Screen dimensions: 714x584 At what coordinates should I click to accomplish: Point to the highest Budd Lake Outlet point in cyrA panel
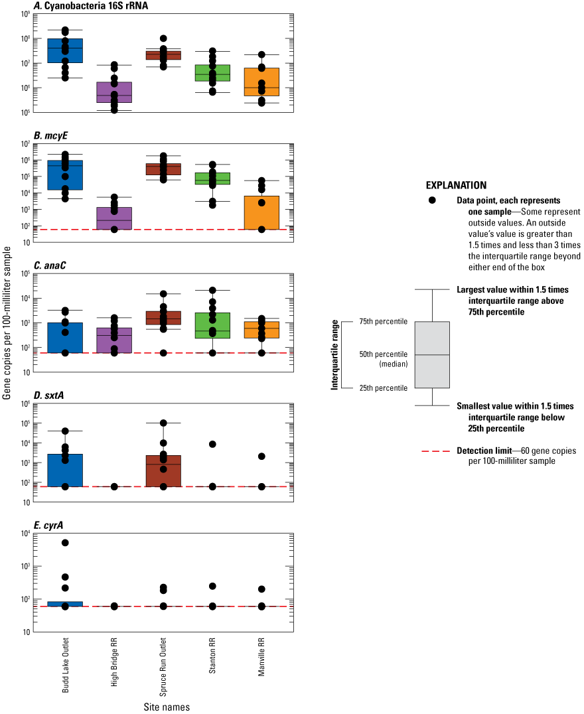pos(65,543)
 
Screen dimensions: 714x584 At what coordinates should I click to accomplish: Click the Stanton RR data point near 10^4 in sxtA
pos(212,444)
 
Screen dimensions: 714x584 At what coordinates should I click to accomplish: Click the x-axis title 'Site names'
pos(167,707)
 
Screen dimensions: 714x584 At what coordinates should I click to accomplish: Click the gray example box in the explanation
pos(432,355)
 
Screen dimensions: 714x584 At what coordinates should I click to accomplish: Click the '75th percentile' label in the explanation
pos(384,322)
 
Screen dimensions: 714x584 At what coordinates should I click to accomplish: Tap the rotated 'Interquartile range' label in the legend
pos(336,355)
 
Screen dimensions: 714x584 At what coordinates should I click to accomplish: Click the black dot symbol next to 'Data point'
pos(433,200)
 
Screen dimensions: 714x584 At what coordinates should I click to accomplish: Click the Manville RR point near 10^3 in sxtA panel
pos(261,457)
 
